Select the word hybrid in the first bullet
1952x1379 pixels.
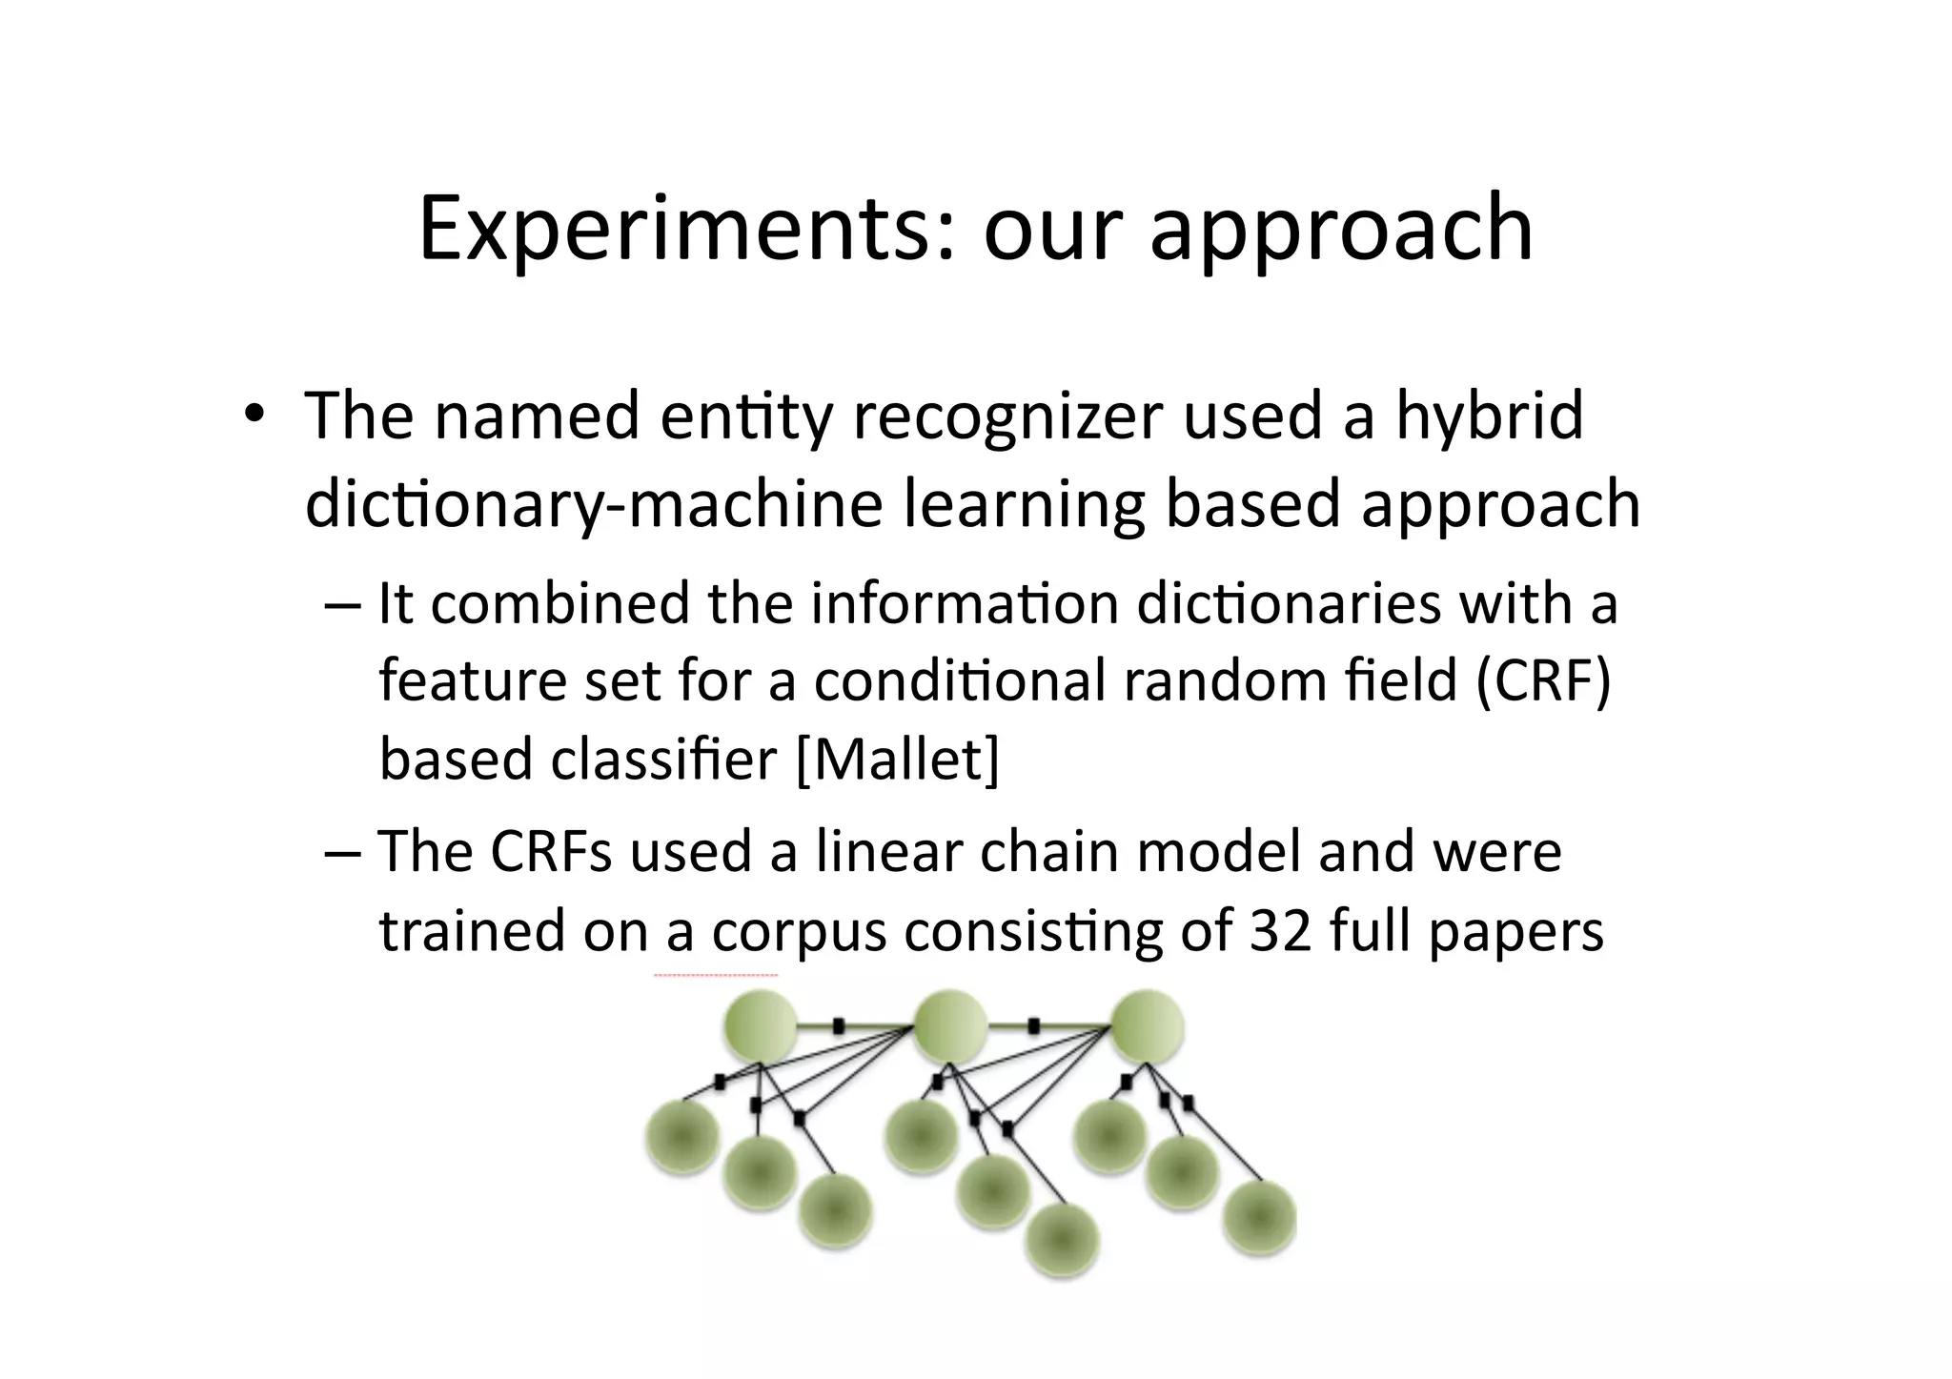(x=1489, y=416)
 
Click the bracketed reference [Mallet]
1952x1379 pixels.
(x=898, y=760)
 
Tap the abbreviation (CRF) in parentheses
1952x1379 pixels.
(x=1542, y=681)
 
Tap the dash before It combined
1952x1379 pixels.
(x=342, y=604)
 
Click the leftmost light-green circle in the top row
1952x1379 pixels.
(x=760, y=1026)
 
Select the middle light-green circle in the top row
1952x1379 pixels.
(x=949, y=1026)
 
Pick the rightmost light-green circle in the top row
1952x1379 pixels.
(x=1148, y=1026)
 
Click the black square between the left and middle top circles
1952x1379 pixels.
(x=839, y=1026)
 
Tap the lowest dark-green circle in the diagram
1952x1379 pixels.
(x=1062, y=1241)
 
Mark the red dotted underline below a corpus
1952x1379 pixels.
(x=716, y=976)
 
